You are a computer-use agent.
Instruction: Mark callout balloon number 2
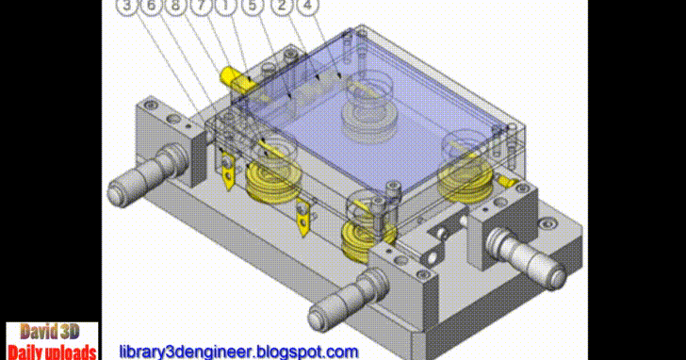coord(282,6)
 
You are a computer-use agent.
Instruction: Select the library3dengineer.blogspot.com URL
coord(238,352)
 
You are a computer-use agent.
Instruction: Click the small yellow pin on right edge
coord(507,178)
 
